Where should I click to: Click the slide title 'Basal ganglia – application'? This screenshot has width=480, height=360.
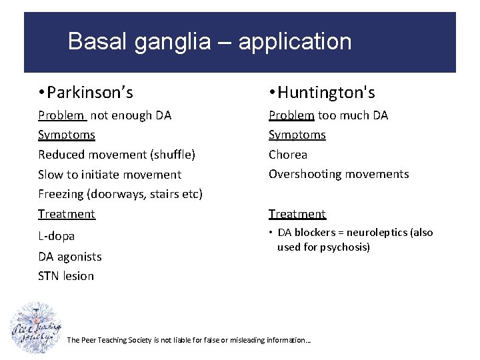(209, 42)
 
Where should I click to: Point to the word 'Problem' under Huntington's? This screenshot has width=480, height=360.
(291, 115)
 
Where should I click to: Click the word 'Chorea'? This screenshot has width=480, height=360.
(288, 155)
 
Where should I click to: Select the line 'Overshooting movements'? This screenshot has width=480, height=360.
(339, 174)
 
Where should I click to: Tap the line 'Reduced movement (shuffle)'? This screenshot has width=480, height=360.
(117, 155)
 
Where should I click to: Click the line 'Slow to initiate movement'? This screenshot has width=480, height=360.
(109, 175)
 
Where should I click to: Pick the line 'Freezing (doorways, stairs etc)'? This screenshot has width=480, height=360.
(120, 194)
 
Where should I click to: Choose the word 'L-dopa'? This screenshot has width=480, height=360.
(57, 236)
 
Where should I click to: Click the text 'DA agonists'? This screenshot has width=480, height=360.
(70, 256)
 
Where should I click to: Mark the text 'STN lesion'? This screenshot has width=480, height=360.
(66, 276)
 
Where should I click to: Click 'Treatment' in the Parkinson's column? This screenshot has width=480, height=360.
(67, 214)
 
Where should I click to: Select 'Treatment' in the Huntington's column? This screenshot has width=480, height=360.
(297, 214)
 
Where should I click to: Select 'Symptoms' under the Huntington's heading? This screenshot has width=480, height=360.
(297, 135)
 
